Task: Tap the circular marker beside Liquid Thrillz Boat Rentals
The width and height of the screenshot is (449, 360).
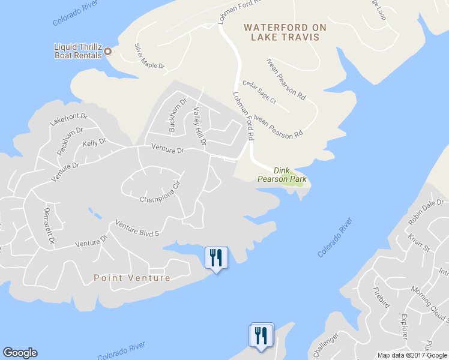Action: [x=108, y=51]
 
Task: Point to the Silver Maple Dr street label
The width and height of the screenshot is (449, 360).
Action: [x=149, y=56]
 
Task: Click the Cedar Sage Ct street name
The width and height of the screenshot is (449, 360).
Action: [x=259, y=92]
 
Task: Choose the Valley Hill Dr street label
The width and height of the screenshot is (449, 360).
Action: [x=199, y=126]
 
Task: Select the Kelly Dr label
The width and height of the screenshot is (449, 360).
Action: [x=94, y=143]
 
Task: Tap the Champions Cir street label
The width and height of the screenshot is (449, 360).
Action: [x=160, y=193]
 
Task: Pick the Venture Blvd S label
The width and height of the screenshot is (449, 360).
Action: [x=136, y=228]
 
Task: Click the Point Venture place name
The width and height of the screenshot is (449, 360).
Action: [x=132, y=278]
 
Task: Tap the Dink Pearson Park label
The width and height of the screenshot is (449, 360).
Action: [x=282, y=175]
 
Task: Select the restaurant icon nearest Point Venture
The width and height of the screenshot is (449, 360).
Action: [x=215, y=258]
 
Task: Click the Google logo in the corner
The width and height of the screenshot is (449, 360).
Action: [x=20, y=353]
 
